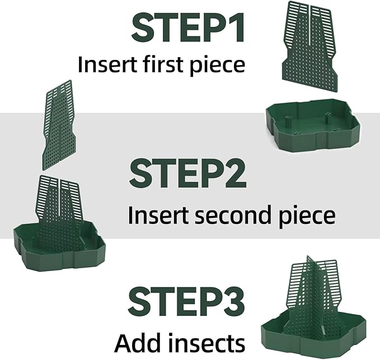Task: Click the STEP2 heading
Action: coord(187,174)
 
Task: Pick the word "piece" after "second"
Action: coord(309,216)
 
